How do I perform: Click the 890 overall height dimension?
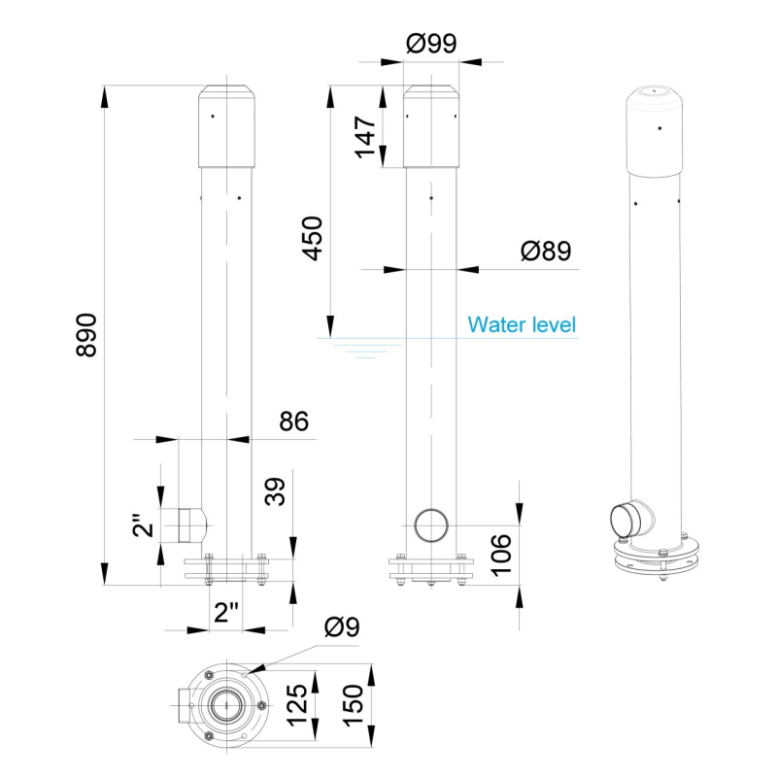pos(86,335)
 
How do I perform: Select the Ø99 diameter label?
pos(431,44)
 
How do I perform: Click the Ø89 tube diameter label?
pos(545,251)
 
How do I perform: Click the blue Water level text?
pos(522,324)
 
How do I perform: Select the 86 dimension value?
pos(293,422)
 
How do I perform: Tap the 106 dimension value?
pos(500,553)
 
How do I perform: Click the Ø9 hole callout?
pos(341,627)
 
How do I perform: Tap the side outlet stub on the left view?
pos(191,525)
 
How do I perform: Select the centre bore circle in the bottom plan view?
pos(229,704)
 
